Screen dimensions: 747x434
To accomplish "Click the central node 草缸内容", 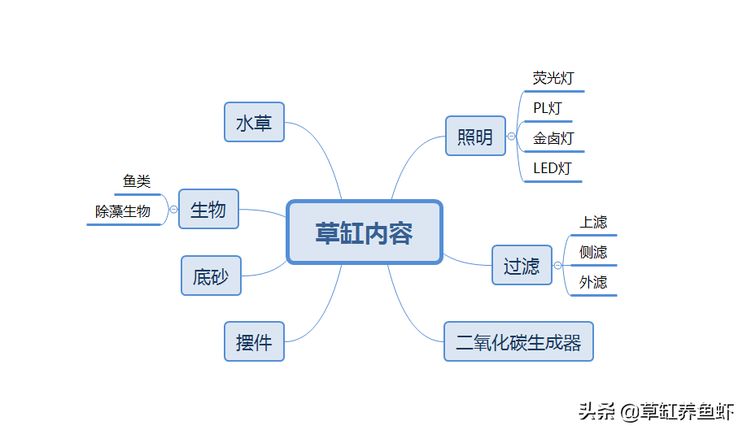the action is point(365,232).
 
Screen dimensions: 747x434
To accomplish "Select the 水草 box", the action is point(255,122).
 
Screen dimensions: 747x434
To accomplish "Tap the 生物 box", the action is point(208,209).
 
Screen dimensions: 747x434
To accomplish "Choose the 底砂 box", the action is point(211,276).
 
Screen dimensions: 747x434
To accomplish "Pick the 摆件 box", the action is point(255,341).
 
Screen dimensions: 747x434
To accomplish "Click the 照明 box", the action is point(475,136).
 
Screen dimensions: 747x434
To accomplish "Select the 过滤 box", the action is point(522,266).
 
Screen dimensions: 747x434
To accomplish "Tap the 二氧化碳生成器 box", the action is point(518,341).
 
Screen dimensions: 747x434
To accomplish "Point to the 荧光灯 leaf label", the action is point(553,78).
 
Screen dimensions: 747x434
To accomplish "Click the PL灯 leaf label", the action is point(548,108).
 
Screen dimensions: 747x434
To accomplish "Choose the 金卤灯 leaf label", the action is point(553,138).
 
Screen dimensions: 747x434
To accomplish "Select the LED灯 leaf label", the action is point(553,168).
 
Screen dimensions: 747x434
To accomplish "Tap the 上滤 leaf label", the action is point(593,222).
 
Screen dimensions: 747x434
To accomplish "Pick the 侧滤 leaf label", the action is point(593,252).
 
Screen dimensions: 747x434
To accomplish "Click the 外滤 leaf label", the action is point(593,283).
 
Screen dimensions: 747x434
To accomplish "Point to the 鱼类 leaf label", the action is point(137,181).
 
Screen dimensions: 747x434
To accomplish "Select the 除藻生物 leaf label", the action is point(123,211).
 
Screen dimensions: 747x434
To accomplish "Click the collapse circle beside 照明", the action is point(511,136).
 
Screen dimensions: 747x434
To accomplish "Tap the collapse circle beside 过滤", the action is point(558,266).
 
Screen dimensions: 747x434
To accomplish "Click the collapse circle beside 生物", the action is point(174,210).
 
